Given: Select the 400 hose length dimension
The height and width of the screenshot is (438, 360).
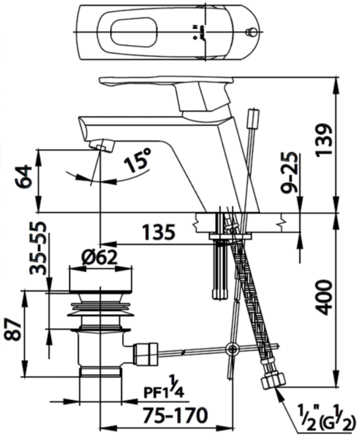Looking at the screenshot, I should [x=324, y=296].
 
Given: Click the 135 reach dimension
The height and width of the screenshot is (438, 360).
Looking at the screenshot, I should [x=158, y=232].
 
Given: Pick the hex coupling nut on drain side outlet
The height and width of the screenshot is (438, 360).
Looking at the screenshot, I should [x=145, y=353].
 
